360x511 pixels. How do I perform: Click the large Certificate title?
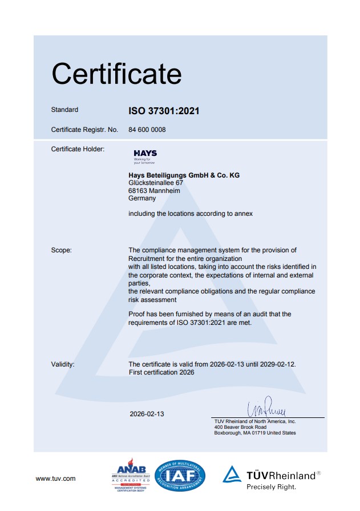pos(116,74)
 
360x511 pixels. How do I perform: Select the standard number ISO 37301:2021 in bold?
pos(164,111)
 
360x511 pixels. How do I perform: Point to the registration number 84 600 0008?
pos(147,130)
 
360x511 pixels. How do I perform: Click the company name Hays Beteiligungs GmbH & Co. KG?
pos(184,175)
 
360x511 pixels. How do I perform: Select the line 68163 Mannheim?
pos(155,191)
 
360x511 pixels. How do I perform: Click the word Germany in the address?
pos(143,199)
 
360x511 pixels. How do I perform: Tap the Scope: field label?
pos(62,250)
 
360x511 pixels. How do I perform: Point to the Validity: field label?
pos(63,364)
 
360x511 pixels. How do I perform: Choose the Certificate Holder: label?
pos(78,149)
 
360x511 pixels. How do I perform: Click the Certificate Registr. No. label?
pos(84,130)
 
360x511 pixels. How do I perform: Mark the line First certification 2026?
pos(161,372)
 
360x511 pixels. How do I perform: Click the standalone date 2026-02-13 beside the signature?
pos(147,413)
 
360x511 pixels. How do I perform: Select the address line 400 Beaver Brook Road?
pos(240,427)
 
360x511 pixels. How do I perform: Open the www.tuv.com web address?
pos(55,478)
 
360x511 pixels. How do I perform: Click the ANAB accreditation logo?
pos(131,475)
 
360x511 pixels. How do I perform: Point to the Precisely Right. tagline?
pos(271,487)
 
